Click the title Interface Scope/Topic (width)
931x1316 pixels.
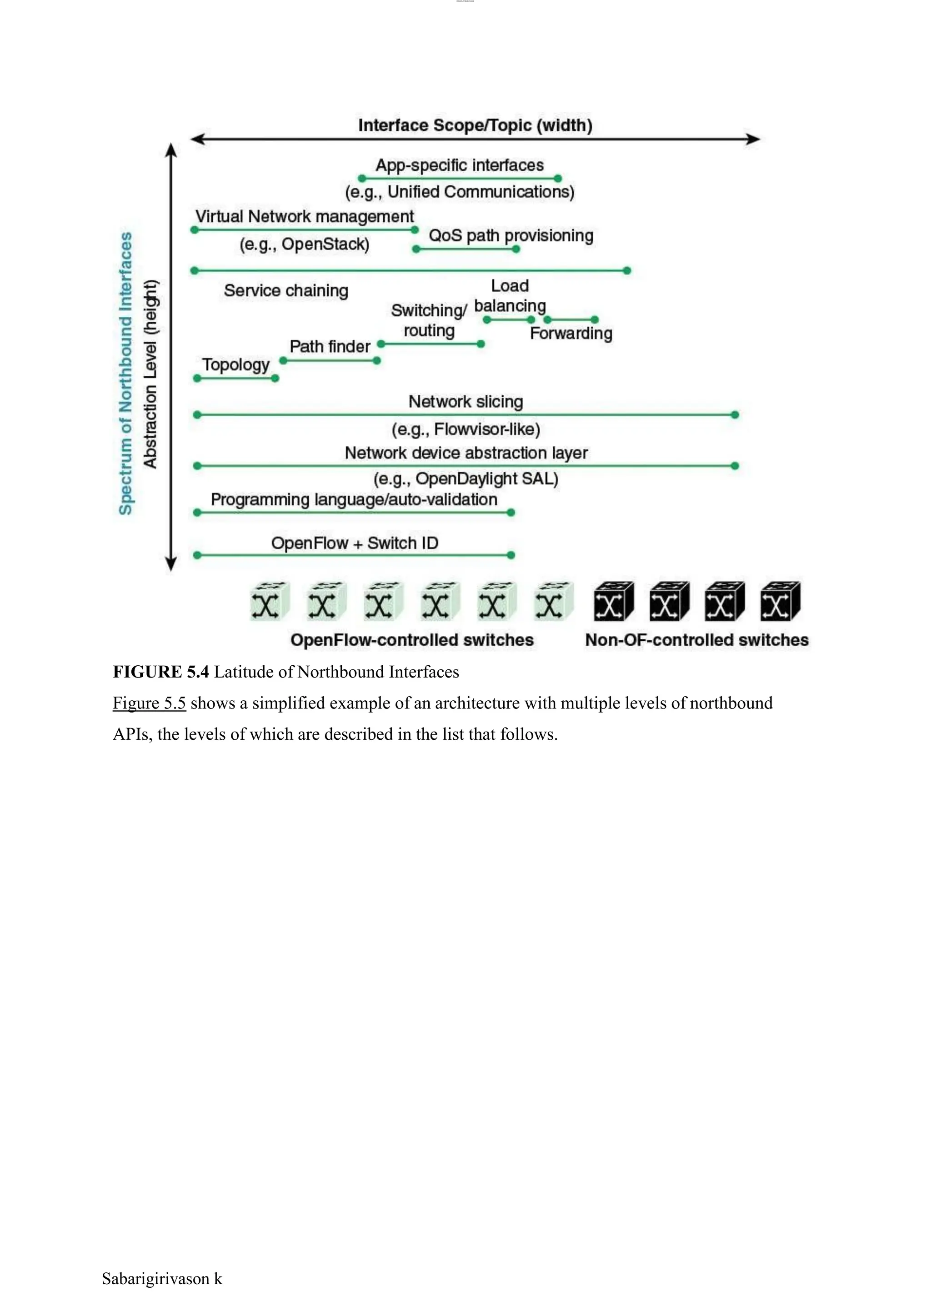[x=475, y=125]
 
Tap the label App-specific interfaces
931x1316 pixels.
[x=459, y=165]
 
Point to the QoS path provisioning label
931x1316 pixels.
[x=511, y=235]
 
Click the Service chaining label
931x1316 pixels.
[x=286, y=290]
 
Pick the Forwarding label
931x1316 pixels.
[x=571, y=333]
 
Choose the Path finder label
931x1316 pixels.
[x=330, y=346]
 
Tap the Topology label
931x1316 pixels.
[x=235, y=364]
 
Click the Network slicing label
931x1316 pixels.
[x=465, y=401]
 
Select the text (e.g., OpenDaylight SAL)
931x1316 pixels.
[x=465, y=479]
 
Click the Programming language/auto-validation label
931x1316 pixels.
[x=354, y=499]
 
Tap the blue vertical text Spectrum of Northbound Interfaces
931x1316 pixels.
[x=125, y=373]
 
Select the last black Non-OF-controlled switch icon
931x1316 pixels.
[x=780, y=601]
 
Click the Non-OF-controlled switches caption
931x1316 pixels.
[x=696, y=640]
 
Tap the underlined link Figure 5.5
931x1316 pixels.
[x=149, y=703]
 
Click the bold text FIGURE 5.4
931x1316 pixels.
[x=160, y=672]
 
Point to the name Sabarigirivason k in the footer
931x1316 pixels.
[x=162, y=1278]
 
